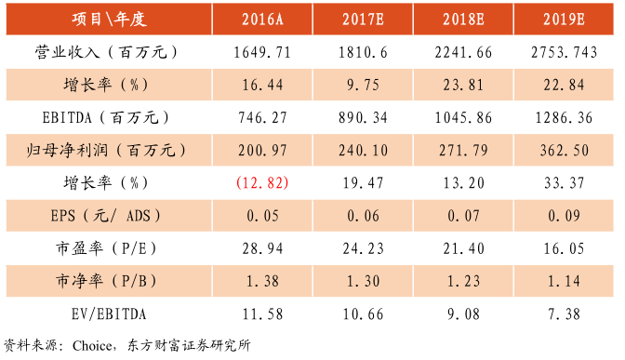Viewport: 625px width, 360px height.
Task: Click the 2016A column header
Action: click(261, 20)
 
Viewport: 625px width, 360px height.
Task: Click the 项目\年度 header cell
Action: click(108, 20)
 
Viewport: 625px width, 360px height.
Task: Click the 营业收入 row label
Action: click(108, 53)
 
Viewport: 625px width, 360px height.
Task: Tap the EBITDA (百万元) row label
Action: click(108, 118)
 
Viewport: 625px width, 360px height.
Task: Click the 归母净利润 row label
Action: click(108, 151)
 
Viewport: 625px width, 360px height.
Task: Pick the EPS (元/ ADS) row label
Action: click(108, 216)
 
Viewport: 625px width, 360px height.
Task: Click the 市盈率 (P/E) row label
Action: click(108, 248)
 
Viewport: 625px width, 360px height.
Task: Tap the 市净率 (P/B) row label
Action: click(108, 281)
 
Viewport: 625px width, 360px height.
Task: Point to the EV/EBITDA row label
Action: click(108, 313)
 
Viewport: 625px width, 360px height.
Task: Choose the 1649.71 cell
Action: click(261, 53)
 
